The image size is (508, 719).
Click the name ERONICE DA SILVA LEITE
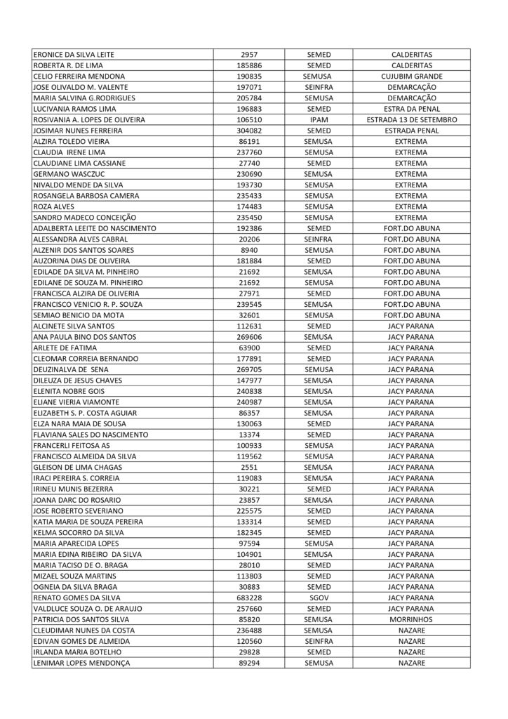74,54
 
